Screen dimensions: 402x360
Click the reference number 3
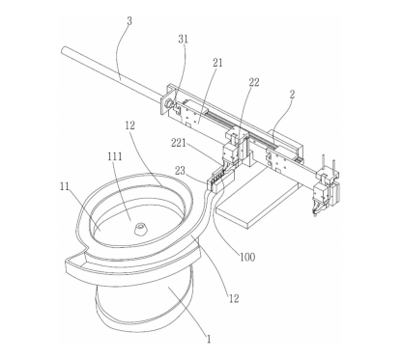(129, 21)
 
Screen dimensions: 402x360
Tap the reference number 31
(183, 40)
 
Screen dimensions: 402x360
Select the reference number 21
(217, 63)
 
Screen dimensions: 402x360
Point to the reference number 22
(254, 82)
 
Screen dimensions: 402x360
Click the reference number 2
(292, 95)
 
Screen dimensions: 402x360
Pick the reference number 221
(179, 142)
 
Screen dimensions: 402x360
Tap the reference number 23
(180, 171)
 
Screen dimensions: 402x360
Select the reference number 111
(115, 156)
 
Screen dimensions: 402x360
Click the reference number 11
(65, 186)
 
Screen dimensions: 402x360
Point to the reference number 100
(247, 257)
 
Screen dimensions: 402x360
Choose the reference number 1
(209, 339)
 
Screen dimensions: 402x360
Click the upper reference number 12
(129, 125)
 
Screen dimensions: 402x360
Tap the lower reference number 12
(234, 299)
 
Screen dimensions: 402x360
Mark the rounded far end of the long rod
(64, 50)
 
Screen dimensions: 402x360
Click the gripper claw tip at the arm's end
(315, 210)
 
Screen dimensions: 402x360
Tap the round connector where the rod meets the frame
(169, 104)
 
